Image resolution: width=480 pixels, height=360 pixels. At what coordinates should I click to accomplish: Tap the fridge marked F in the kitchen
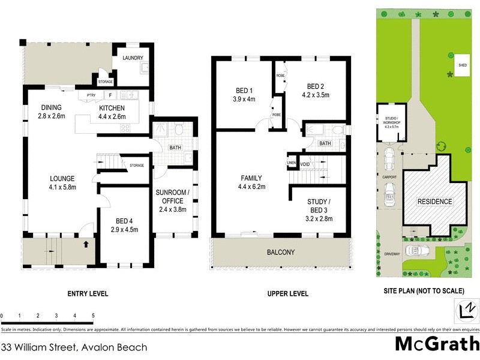tap(110, 95)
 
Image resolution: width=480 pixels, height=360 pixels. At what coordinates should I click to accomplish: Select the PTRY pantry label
tap(91, 95)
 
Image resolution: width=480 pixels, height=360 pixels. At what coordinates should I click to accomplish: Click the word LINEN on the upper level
tap(292, 163)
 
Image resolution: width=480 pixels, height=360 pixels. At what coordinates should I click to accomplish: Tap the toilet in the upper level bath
tap(337, 130)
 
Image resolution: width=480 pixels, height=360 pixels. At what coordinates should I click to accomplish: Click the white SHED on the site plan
tap(463, 65)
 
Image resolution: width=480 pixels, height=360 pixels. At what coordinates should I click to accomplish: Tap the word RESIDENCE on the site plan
tap(434, 202)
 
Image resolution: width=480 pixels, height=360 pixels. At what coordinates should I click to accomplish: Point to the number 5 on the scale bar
tap(93, 315)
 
